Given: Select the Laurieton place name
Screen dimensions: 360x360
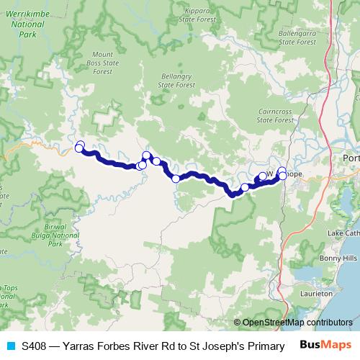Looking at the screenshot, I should point(317,294).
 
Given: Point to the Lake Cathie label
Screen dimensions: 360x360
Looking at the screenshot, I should point(343,234).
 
